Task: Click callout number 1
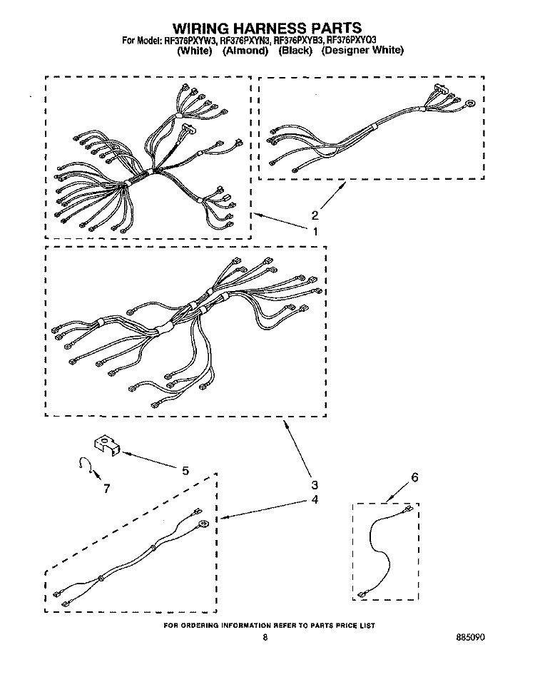click(315, 232)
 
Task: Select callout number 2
click(315, 215)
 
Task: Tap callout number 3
click(315, 485)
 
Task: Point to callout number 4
click(315, 499)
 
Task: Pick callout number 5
click(185, 471)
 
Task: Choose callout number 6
click(414, 477)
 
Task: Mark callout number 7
click(106, 489)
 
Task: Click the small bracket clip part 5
click(107, 444)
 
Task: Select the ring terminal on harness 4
click(202, 524)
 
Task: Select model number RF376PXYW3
click(189, 41)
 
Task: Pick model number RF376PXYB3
click(299, 41)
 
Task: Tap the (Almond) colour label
click(245, 51)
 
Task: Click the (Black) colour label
click(295, 51)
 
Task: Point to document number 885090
click(470, 637)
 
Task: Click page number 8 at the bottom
click(265, 637)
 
